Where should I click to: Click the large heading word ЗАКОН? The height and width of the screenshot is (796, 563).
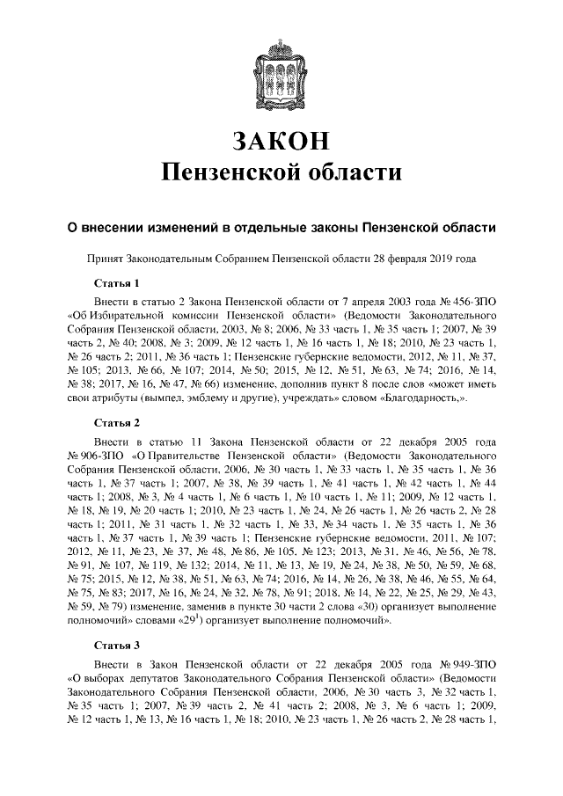point(281,139)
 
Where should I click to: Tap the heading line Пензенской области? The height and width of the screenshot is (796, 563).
point(281,172)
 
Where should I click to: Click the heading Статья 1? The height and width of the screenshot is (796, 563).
point(117,282)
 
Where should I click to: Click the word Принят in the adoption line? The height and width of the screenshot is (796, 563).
point(103,259)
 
